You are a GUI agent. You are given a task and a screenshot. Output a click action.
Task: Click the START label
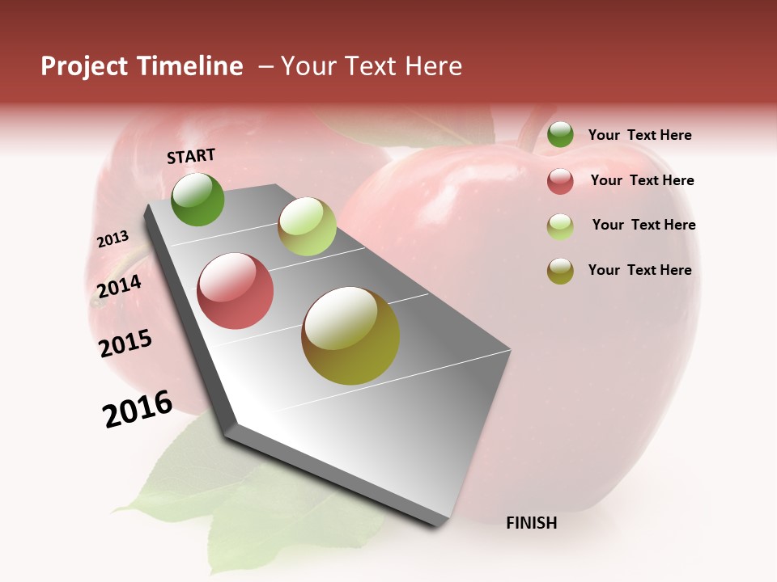coord(191,156)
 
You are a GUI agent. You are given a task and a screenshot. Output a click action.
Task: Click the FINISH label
coord(531,523)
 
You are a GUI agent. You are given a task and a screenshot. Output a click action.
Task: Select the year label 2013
coord(113,239)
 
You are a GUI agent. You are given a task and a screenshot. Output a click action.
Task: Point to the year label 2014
coord(119,286)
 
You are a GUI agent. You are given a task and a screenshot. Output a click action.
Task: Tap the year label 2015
coord(125,344)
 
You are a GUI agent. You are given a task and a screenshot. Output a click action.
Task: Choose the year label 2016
coord(138,409)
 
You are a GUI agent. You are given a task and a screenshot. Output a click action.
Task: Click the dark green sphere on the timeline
coord(197,199)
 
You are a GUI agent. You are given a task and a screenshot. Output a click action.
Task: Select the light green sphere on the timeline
coord(307,226)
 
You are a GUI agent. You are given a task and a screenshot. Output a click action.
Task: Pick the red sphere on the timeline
coord(236,291)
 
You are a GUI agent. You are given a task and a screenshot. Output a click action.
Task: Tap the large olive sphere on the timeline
coord(350,335)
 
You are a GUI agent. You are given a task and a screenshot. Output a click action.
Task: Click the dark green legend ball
coord(560,135)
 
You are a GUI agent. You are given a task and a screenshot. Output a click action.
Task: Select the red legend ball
coord(560,181)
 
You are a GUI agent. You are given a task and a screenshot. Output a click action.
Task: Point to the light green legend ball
coord(560,226)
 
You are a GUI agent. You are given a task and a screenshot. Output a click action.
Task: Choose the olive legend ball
coord(560,271)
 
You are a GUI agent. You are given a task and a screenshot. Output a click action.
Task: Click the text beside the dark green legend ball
coord(639,136)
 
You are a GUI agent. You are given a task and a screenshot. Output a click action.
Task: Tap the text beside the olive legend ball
coord(639,270)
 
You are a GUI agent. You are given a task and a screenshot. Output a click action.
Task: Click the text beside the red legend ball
coord(642,180)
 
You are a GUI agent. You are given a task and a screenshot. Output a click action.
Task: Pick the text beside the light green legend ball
coord(643,225)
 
